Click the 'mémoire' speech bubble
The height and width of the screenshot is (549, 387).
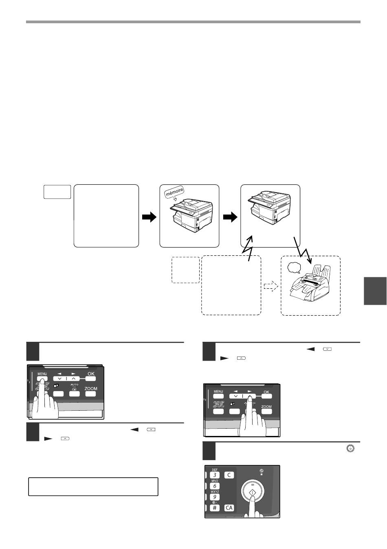pos(174,193)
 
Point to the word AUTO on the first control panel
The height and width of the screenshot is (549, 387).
pos(75,385)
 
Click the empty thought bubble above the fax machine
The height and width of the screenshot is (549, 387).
pos(294,268)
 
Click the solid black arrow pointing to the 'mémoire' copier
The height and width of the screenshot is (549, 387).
pos(149,217)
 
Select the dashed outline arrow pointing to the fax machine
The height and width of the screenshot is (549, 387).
pos(271,286)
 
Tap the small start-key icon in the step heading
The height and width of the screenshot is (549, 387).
pos(350,449)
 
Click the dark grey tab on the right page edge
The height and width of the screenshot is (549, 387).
pos(375,291)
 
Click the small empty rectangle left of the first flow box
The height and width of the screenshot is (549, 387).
pos(57,192)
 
